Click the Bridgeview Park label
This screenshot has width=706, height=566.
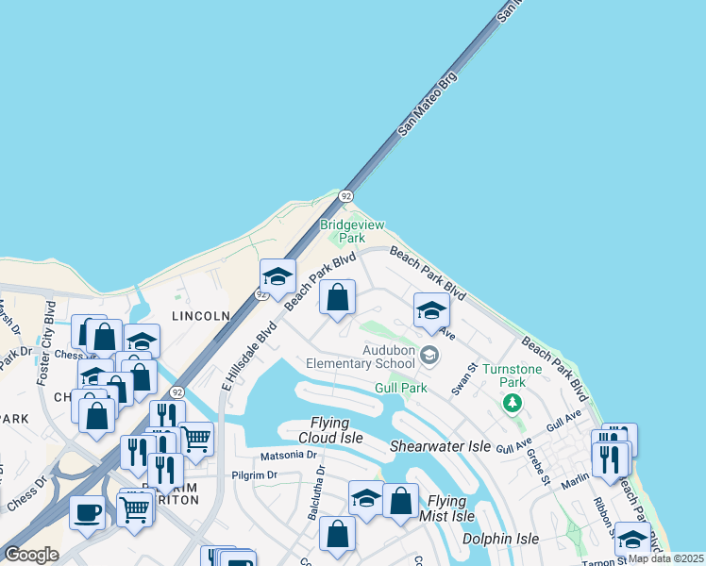click(342, 231)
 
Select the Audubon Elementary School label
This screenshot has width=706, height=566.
click(361, 357)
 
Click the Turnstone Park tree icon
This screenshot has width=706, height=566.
click(513, 404)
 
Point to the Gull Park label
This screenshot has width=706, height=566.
click(401, 388)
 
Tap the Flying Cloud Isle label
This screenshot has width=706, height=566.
click(324, 430)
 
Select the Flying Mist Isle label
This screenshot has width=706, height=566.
click(446, 508)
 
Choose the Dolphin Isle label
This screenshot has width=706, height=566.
click(500, 539)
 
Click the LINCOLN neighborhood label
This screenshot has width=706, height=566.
click(201, 315)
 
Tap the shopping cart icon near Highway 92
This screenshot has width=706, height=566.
click(195, 439)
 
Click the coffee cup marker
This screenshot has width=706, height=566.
click(88, 513)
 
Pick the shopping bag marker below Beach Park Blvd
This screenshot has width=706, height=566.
click(337, 297)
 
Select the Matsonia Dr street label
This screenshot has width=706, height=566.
click(275, 455)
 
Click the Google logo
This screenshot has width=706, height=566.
click(31, 555)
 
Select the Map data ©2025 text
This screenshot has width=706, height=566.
click(665, 558)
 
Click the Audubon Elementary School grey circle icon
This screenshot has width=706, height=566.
click(429, 356)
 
